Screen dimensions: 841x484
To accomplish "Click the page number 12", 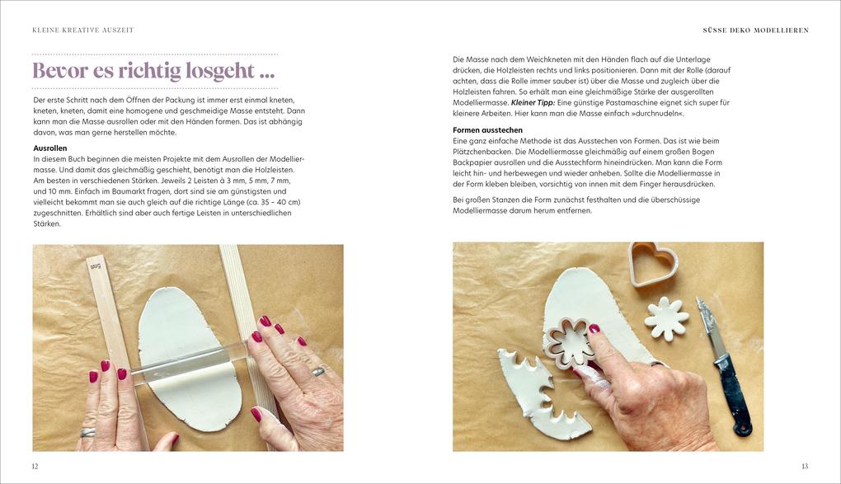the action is tap(35, 467).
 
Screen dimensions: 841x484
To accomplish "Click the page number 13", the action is tap(805, 467).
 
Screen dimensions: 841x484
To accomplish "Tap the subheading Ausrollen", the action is tap(49, 148).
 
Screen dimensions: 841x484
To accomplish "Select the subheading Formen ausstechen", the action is tap(487, 129).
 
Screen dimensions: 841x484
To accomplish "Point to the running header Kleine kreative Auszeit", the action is tap(83, 30).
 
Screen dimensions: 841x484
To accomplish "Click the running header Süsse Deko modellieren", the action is tap(756, 30).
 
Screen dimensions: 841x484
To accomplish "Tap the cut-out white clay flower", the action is tap(667, 318).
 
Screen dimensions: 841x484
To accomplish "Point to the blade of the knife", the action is tap(708, 328).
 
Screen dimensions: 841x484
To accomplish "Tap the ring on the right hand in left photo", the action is tap(318, 371).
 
